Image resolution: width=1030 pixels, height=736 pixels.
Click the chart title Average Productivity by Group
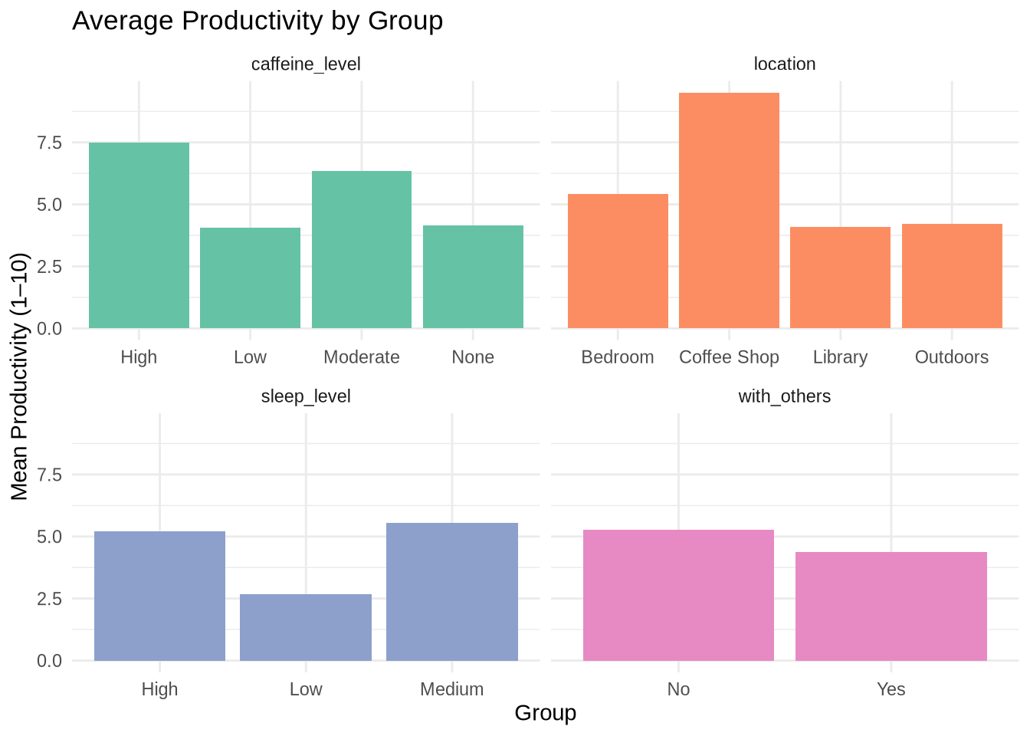(x=257, y=21)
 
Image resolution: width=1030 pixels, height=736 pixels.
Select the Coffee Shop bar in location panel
(x=729, y=211)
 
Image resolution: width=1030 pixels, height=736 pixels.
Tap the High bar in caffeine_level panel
(x=139, y=235)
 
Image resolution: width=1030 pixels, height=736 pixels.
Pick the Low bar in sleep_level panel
(x=306, y=627)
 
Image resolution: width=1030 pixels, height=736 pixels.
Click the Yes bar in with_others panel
(x=891, y=606)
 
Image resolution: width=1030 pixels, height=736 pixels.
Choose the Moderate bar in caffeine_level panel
(x=362, y=250)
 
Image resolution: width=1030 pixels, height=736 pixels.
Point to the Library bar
(x=840, y=278)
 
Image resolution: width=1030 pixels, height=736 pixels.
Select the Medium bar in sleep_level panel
(x=452, y=591)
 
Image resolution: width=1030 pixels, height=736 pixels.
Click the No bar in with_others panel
(x=678, y=595)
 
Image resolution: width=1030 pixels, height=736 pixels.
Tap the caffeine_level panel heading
(x=306, y=64)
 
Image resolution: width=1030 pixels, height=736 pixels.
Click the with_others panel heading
(x=784, y=396)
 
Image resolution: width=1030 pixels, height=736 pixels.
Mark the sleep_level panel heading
(x=306, y=396)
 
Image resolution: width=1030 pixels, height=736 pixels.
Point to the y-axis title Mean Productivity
(x=20, y=376)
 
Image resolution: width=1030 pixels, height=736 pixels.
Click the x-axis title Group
(x=545, y=713)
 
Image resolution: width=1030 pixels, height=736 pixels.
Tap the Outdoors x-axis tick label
(x=951, y=357)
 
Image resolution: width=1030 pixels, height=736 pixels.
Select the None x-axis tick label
(x=473, y=357)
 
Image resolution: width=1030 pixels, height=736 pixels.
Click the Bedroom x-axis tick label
(x=618, y=357)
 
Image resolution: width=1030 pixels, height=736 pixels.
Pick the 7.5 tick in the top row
(x=50, y=143)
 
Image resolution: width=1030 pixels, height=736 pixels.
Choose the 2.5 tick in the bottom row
(x=50, y=599)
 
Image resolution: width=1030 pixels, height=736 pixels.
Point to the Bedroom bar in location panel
(x=618, y=261)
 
